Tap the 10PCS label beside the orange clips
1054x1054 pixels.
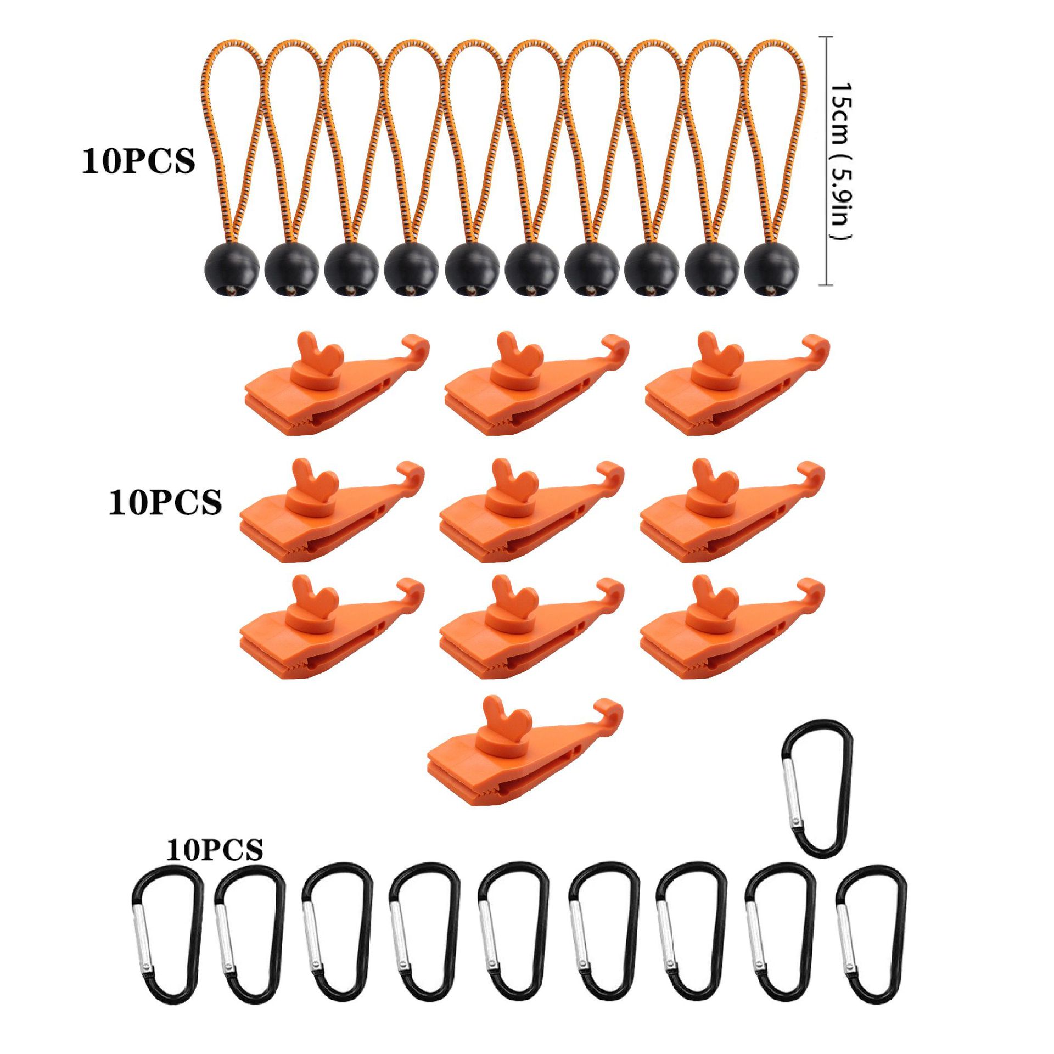[x=165, y=502]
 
